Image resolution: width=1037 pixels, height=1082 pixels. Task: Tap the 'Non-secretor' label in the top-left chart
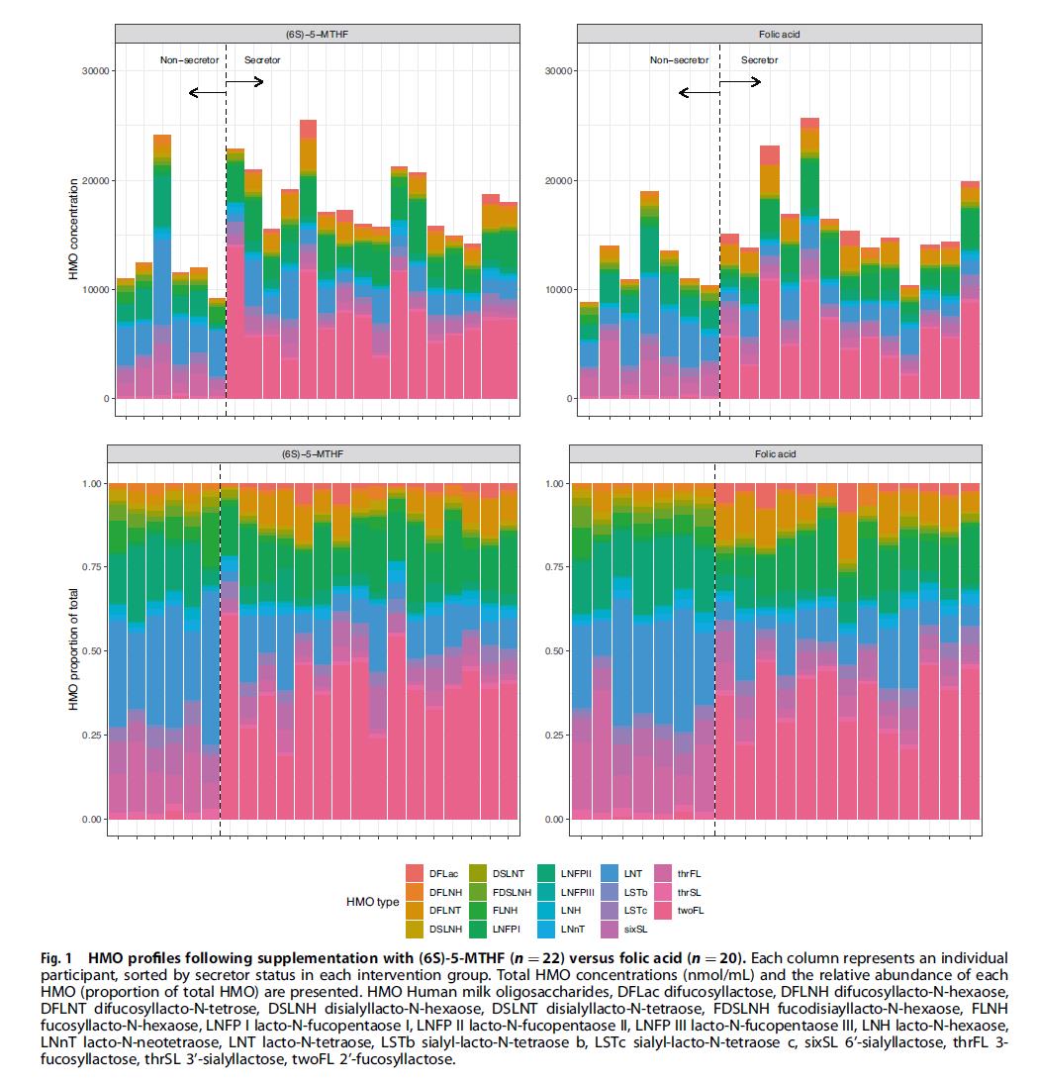190,60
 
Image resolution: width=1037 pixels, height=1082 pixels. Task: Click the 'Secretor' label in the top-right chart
759,60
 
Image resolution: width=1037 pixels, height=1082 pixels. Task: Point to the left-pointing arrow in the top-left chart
207,93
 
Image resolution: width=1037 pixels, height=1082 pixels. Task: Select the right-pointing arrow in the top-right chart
741,81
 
